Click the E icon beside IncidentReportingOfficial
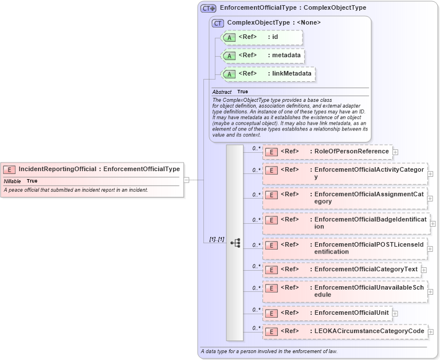10,169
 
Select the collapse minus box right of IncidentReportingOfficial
186,180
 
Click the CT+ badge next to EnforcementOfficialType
208,8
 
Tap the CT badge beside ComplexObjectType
218,23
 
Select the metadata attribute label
286,56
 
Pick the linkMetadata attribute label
292,74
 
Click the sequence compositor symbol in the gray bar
235,243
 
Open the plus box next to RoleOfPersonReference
395,152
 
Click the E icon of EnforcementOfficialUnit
272,313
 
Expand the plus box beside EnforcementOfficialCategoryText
424,270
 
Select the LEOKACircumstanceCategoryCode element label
369,331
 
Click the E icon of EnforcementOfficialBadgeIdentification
272,220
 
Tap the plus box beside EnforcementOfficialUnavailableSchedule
430,292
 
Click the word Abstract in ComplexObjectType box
222,92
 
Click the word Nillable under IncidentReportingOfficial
13,181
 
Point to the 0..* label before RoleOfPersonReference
257,148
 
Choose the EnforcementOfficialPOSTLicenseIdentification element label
369,248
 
